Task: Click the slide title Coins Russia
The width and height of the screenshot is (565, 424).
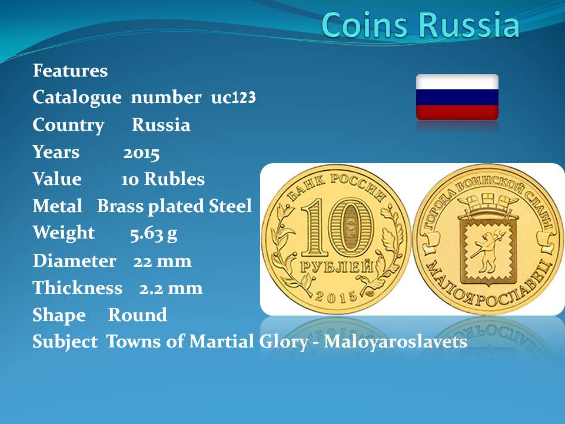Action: coord(420,25)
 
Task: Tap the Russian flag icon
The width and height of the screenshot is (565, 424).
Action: coord(457,97)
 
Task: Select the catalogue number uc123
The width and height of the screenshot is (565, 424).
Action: coord(233,97)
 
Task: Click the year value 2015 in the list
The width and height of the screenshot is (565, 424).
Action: coord(141,153)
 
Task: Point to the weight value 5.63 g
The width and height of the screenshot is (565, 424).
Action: coord(154,234)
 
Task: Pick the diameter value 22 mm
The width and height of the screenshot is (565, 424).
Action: coord(162,261)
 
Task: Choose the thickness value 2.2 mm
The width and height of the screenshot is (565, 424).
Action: coord(171,288)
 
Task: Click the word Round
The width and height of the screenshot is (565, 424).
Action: coord(138,314)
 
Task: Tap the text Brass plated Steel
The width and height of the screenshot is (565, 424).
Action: coord(174,206)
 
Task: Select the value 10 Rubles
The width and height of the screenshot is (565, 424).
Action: coord(163,179)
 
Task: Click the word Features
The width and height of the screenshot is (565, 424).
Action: coord(70,70)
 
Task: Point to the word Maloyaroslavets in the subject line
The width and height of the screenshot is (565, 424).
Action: coord(395,342)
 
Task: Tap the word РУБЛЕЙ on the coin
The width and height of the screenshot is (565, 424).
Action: coord(337,267)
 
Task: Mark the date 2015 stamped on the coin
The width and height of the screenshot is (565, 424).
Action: coord(336,297)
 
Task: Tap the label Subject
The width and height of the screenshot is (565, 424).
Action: coord(65,342)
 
